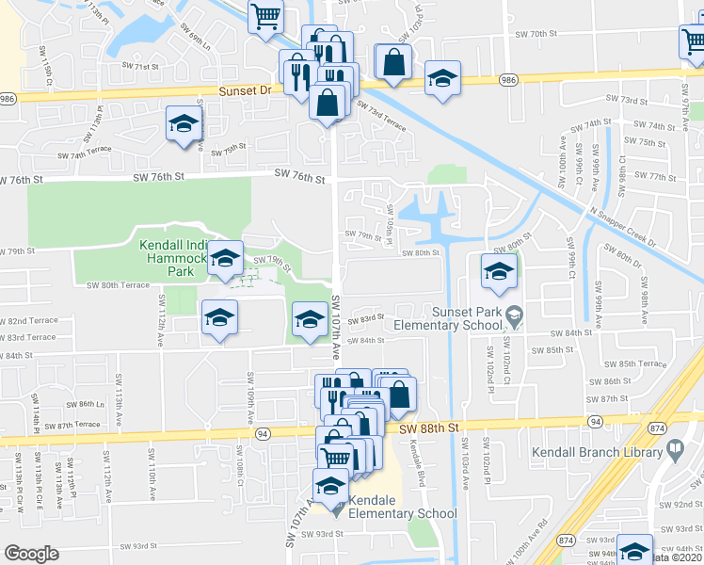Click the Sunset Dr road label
tap(245, 90)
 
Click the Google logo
tap(31, 553)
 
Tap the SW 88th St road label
tap(428, 428)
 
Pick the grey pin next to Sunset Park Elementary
tap(514, 313)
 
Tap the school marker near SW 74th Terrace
tap(184, 124)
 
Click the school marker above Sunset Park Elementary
tap(498, 272)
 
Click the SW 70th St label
tap(537, 34)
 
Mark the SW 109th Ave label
tap(251, 403)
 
